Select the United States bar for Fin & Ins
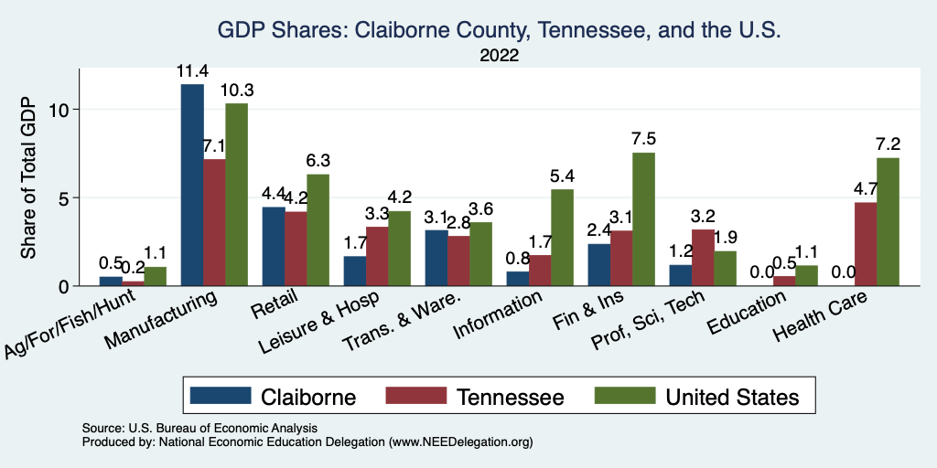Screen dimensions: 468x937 (644, 219)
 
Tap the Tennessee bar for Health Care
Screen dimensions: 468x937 (865, 244)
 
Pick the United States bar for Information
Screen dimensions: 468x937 (563, 238)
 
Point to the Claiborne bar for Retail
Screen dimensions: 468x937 (274, 247)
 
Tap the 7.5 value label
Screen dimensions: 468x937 (644, 139)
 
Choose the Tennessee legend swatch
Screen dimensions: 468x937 (415, 397)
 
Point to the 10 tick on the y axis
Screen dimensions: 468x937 (60, 110)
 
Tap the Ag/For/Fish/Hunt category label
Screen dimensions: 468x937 (73, 324)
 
